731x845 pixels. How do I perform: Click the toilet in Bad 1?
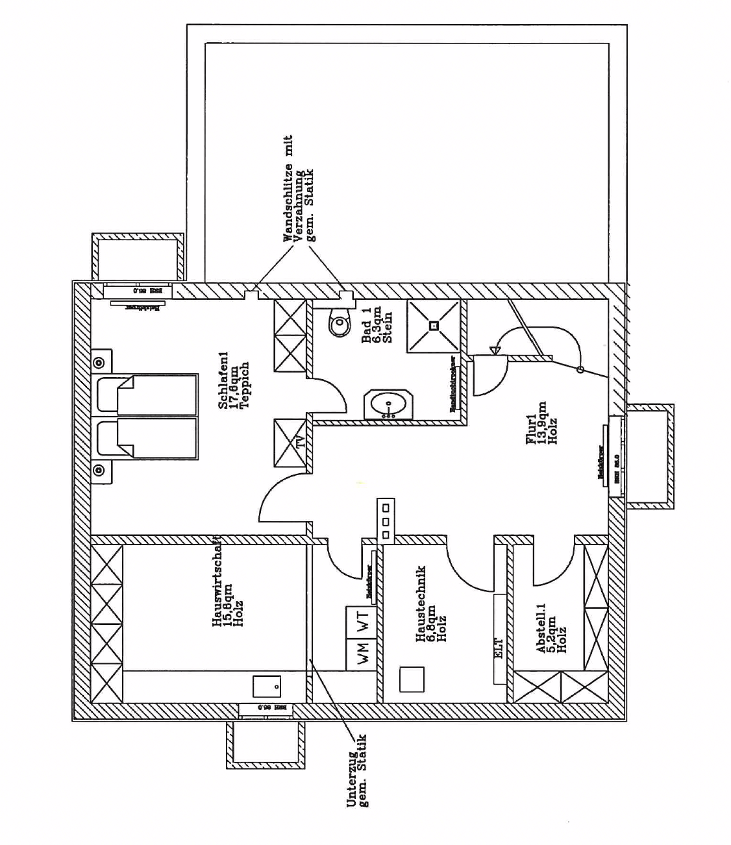tap(338, 323)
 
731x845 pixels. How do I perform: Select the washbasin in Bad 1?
tap(388, 406)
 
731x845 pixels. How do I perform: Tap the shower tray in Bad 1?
tap(434, 326)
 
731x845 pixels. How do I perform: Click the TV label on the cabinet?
tap(300, 443)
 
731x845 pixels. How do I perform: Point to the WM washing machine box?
tap(361, 647)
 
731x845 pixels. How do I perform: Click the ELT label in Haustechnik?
tap(499, 647)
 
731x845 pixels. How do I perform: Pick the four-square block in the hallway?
tap(386, 519)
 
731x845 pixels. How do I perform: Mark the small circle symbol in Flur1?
tap(581, 370)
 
